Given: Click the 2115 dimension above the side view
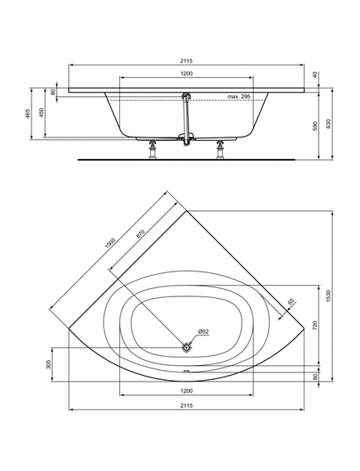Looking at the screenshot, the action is (x=186, y=60).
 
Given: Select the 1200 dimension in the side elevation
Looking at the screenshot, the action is (x=186, y=74).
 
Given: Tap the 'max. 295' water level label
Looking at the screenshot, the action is (x=238, y=97).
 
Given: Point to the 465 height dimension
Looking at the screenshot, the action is (x=27, y=114).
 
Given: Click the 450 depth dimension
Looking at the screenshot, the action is (x=41, y=113).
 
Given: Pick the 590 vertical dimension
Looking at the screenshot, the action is (x=315, y=126).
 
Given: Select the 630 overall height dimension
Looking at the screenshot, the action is (x=329, y=124).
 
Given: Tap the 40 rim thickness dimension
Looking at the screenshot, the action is (x=315, y=74).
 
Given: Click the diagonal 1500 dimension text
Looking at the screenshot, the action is (x=110, y=243).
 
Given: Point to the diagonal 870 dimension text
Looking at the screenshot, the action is (x=141, y=234).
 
